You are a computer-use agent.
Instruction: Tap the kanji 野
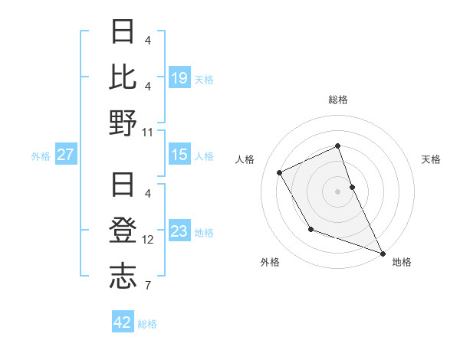click(123, 123)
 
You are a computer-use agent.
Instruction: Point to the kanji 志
click(123, 275)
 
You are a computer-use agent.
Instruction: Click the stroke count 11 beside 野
click(148, 132)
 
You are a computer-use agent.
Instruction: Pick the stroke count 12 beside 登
click(148, 239)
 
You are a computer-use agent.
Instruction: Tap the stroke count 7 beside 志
click(148, 286)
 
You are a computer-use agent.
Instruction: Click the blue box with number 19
click(179, 78)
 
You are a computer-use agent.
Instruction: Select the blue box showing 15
click(179, 155)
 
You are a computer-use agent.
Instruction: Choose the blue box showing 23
click(179, 231)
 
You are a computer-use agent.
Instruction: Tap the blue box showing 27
click(66, 155)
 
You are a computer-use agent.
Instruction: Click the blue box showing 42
click(123, 322)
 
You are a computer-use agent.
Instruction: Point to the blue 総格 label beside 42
click(147, 324)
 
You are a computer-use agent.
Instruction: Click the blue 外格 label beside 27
click(41, 156)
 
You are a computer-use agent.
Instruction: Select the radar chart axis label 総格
click(338, 100)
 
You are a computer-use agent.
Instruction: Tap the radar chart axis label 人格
click(245, 159)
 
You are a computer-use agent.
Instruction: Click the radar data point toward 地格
click(383, 254)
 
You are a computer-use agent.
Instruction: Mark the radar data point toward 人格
click(280, 172)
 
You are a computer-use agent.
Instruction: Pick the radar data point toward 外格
click(310, 229)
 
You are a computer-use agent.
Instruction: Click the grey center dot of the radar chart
click(338, 191)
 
